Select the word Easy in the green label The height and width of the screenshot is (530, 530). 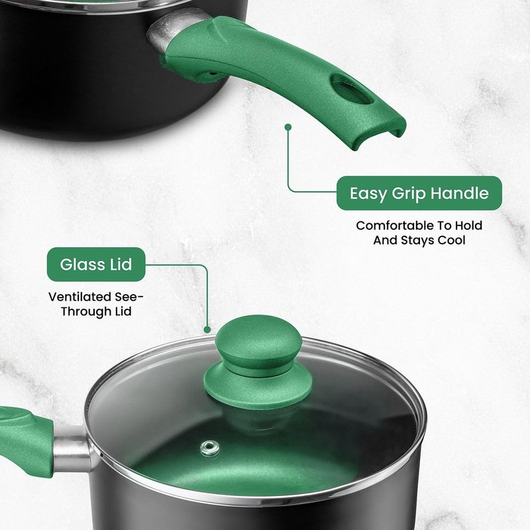pyautogui.click(x=368, y=193)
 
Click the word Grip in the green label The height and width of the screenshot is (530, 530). pyautogui.click(x=409, y=193)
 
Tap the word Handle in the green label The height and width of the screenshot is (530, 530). pyautogui.click(x=460, y=193)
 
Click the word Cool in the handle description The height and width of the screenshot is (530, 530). pyautogui.click(x=452, y=240)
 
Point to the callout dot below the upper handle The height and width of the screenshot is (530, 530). pyautogui.click(x=288, y=126)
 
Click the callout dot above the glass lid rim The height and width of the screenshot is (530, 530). pyautogui.click(x=207, y=329)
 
